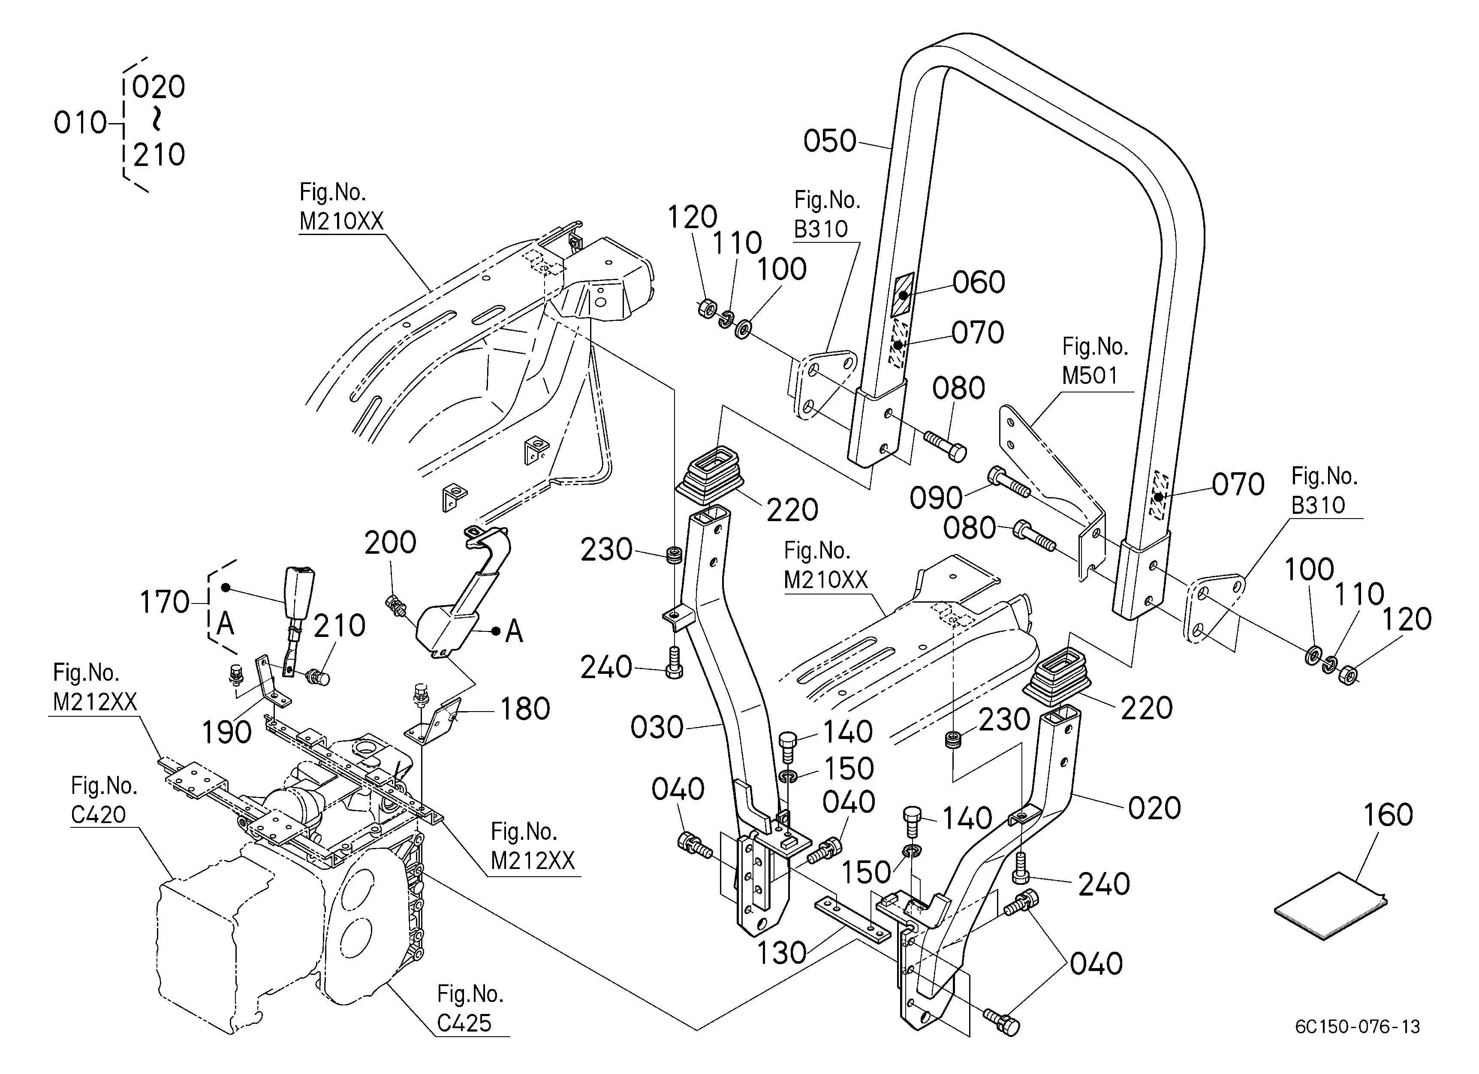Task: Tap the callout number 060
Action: (979, 282)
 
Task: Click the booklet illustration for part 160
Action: (1330, 906)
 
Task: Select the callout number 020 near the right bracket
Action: (1154, 809)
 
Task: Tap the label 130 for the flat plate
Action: (782, 953)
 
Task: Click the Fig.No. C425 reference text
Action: (470, 1009)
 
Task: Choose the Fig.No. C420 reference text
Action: (104, 800)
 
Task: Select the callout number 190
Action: (226, 732)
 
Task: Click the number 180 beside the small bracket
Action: (525, 709)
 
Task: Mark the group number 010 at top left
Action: (80, 123)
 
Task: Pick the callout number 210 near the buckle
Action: (339, 626)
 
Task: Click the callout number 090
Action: (937, 498)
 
